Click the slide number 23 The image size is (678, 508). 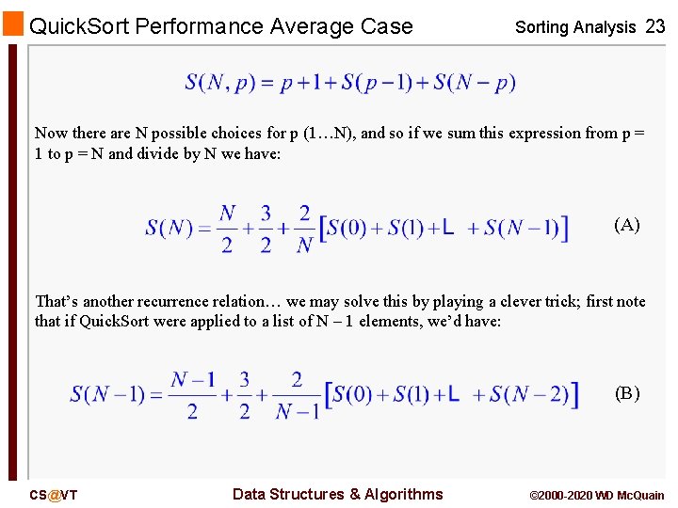(x=655, y=26)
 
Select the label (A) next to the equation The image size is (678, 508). (x=627, y=225)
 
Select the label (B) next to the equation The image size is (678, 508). (x=627, y=393)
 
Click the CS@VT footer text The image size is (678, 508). (x=54, y=495)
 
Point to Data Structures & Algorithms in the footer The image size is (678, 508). (x=337, y=494)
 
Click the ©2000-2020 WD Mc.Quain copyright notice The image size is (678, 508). (x=597, y=495)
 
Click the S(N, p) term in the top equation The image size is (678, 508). (x=218, y=83)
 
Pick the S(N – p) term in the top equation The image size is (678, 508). (x=475, y=83)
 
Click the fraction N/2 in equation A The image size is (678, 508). (x=227, y=229)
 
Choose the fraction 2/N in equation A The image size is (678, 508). (x=304, y=229)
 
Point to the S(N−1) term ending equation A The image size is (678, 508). (x=522, y=229)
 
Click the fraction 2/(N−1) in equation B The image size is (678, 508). (x=297, y=396)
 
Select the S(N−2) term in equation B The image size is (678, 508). (x=528, y=395)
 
